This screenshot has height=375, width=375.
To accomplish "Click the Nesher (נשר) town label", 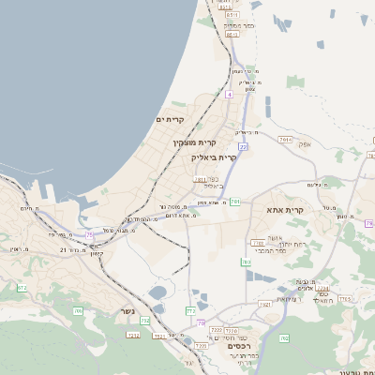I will [127, 311].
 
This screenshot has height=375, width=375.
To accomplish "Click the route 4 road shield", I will [228, 95].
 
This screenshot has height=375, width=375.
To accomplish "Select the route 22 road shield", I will [243, 147].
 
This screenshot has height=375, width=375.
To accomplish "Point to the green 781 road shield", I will [235, 201].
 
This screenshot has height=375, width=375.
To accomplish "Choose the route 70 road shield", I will [201, 322].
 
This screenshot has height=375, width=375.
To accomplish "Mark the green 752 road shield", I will [144, 320].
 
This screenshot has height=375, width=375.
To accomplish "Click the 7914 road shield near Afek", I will [285, 139].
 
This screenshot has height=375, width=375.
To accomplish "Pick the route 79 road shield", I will [369, 223].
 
